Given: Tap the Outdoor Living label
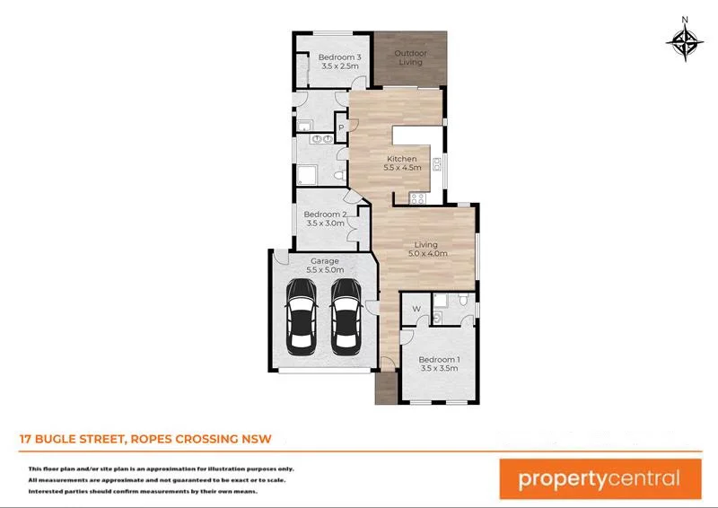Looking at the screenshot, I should pos(411,57).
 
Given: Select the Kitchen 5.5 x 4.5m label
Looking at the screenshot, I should pos(401,163).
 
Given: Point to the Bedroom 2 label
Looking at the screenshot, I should pos(324,219).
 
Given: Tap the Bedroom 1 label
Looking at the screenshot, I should pos(439,363).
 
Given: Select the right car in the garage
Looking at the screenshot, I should pos(346,316).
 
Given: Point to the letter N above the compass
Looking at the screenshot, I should pos(685,19).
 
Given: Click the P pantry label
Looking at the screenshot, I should pos(341,128).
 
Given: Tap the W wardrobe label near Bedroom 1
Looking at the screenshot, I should pos(416,310).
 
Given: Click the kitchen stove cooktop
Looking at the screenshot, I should pos(416,197).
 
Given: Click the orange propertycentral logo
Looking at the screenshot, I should pos(600,477).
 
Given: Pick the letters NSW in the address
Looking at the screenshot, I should pos(254,439).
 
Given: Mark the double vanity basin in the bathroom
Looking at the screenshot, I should pos(320,140).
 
